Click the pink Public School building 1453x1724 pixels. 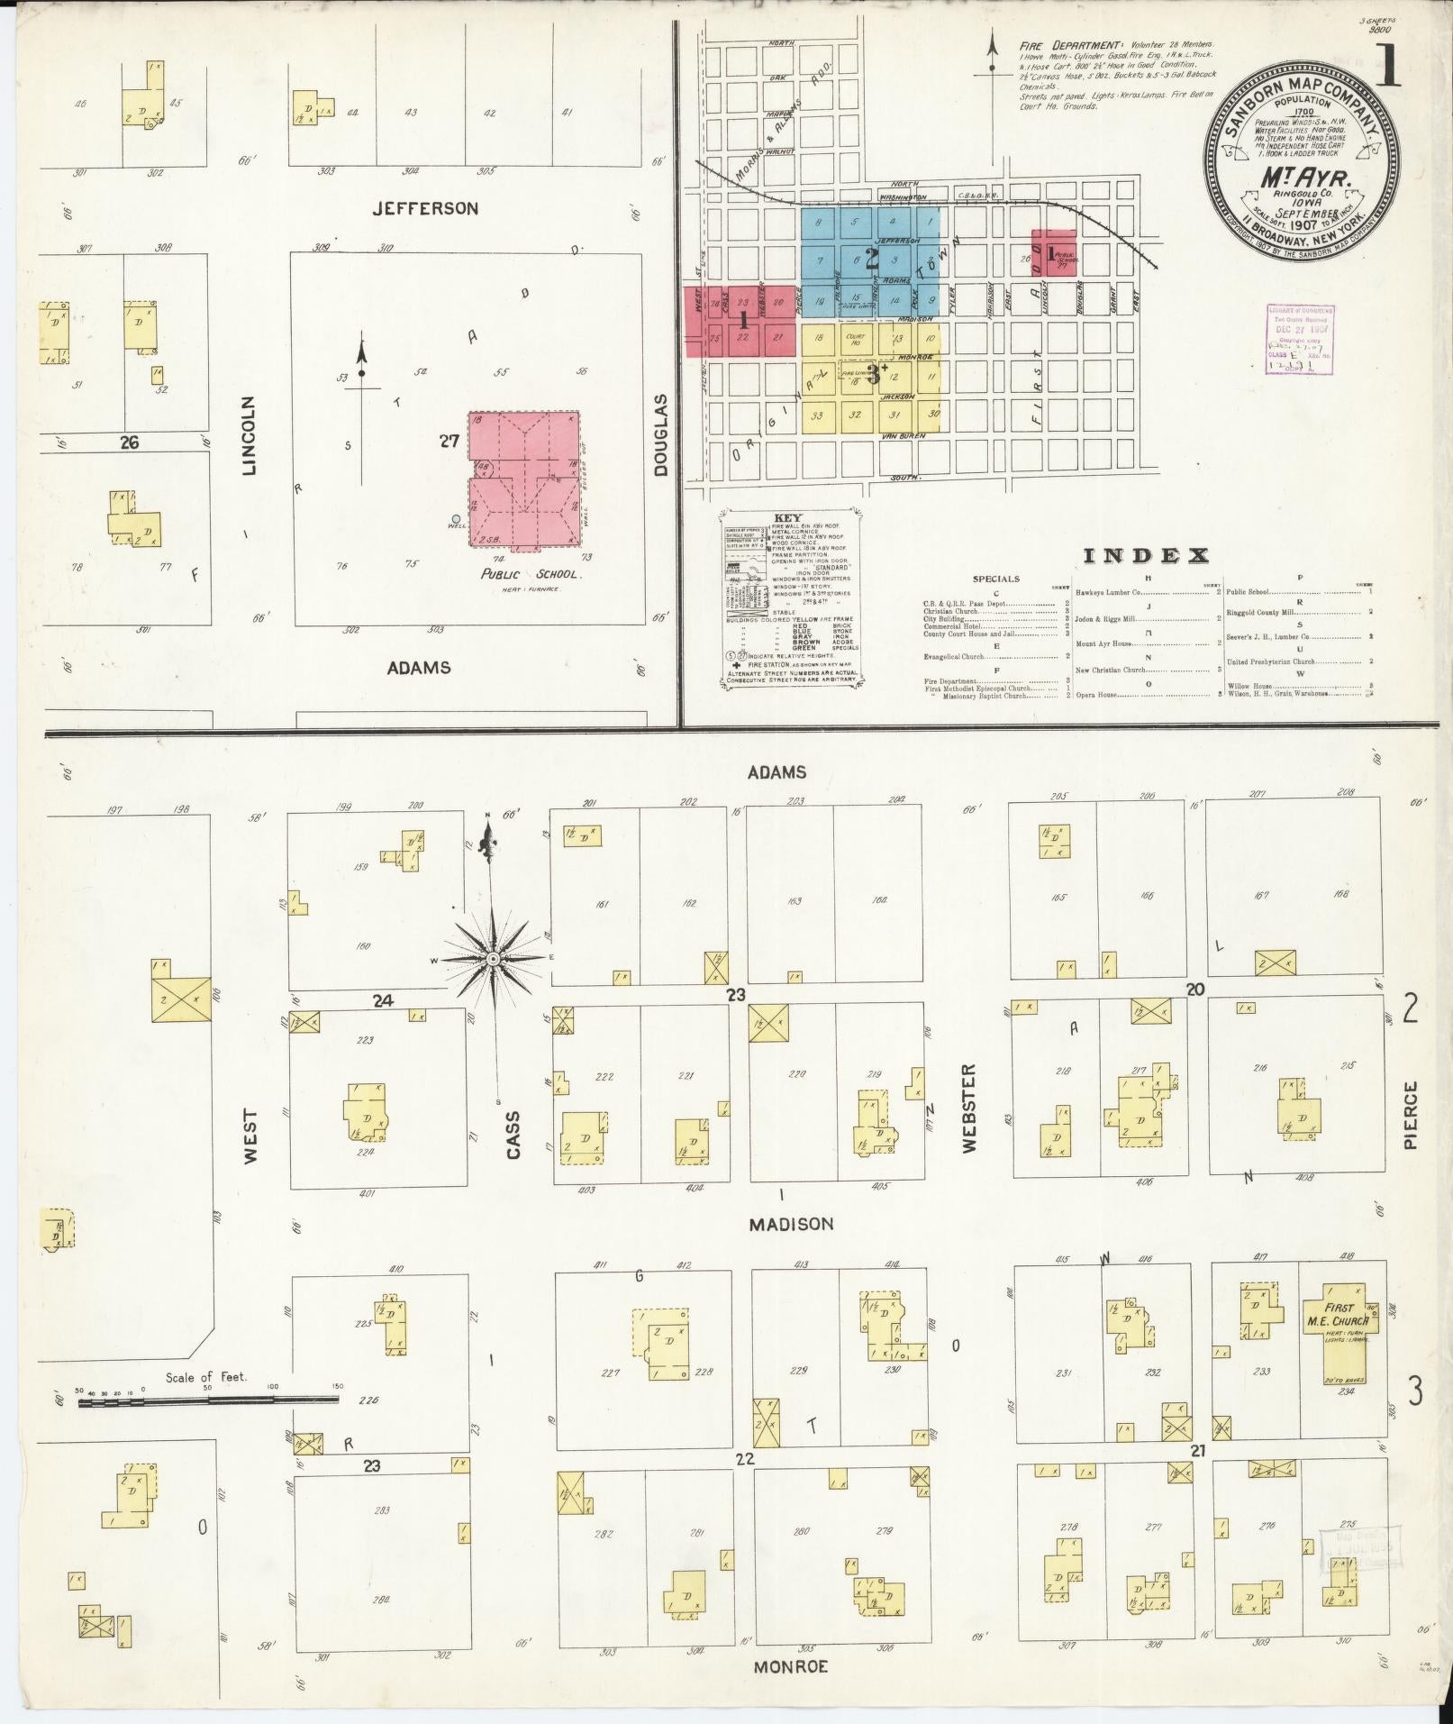pos(523,481)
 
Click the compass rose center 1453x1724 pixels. pos(493,961)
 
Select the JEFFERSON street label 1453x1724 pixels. pos(425,208)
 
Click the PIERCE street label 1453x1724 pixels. pos(1410,1115)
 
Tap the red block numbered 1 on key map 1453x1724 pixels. pos(743,320)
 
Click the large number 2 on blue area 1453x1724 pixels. pos(871,260)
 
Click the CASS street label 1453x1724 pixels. pos(513,1134)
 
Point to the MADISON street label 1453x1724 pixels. pos(792,1224)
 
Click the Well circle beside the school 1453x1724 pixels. pos(457,518)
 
